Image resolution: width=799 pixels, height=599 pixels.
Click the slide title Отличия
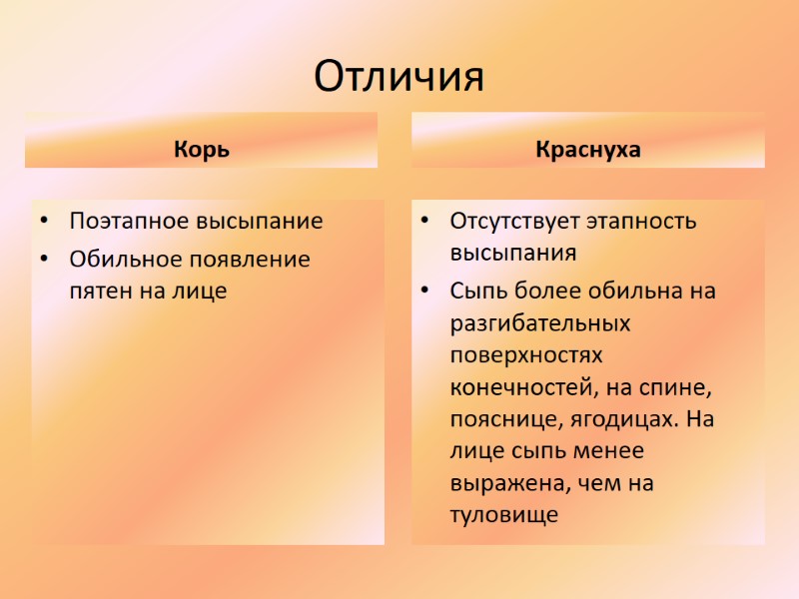point(399,77)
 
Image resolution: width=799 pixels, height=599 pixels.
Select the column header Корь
point(202,151)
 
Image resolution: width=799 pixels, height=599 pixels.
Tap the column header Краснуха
point(587,151)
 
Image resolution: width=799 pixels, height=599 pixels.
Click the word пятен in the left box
point(98,292)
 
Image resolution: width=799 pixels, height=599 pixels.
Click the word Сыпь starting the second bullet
point(480,291)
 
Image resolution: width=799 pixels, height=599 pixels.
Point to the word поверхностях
point(526,355)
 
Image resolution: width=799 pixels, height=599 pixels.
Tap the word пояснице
point(496,419)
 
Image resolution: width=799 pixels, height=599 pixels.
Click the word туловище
point(502,515)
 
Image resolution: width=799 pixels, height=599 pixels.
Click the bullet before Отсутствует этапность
point(425,221)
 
